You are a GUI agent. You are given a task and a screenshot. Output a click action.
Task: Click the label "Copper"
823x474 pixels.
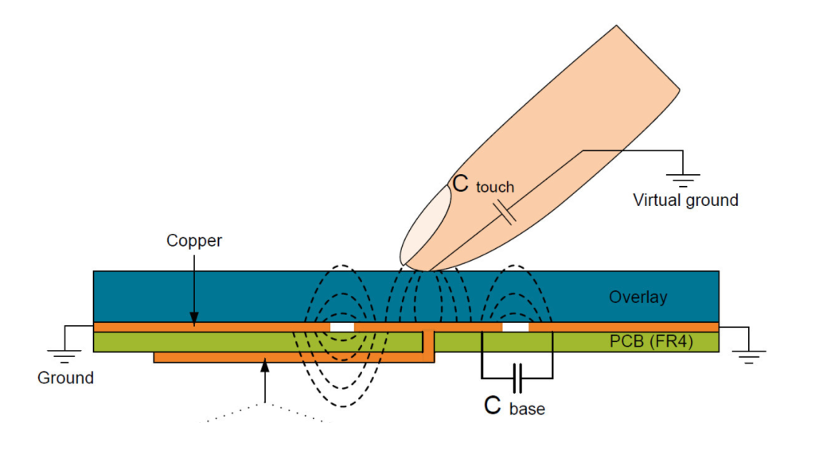193,240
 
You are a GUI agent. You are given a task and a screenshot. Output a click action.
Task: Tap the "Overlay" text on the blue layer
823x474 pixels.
638,297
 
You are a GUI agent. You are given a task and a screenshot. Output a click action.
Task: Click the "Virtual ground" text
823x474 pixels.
685,200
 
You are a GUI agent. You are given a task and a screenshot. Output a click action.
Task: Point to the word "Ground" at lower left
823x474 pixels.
65,378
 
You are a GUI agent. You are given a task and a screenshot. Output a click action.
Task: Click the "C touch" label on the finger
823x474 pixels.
483,185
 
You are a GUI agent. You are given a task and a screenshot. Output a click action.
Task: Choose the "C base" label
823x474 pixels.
515,406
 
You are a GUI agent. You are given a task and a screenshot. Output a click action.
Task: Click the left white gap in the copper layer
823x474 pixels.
342,327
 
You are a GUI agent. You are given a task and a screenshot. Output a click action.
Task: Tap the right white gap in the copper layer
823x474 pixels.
516,327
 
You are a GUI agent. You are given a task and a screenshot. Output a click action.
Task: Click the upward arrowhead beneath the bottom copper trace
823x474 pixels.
264,367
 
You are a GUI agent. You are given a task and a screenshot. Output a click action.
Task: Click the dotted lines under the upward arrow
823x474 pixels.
264,412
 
